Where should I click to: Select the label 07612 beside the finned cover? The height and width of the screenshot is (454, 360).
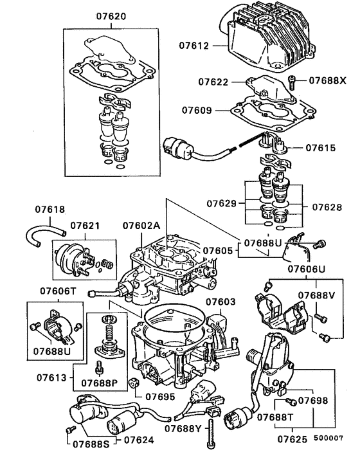(x=194, y=46)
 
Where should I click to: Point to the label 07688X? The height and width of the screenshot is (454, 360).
(x=327, y=81)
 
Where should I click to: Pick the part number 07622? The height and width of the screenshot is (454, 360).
(x=213, y=82)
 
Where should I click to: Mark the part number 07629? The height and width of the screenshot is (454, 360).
(x=222, y=203)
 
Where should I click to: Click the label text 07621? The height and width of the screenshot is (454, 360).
(x=85, y=226)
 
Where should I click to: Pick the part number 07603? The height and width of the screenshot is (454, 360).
(x=221, y=301)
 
